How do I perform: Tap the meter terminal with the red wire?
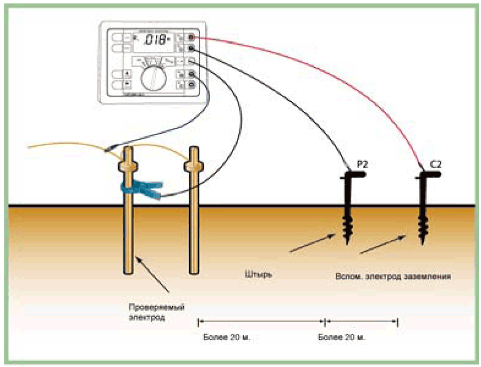point(192,38)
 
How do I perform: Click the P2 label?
point(362,164)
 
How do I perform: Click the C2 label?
point(436,164)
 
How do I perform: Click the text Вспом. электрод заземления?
point(393,276)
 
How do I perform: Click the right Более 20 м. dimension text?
point(344,337)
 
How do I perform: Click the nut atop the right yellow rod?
point(194,166)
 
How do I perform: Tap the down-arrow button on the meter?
point(128,85)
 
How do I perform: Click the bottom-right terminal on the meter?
point(192,86)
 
